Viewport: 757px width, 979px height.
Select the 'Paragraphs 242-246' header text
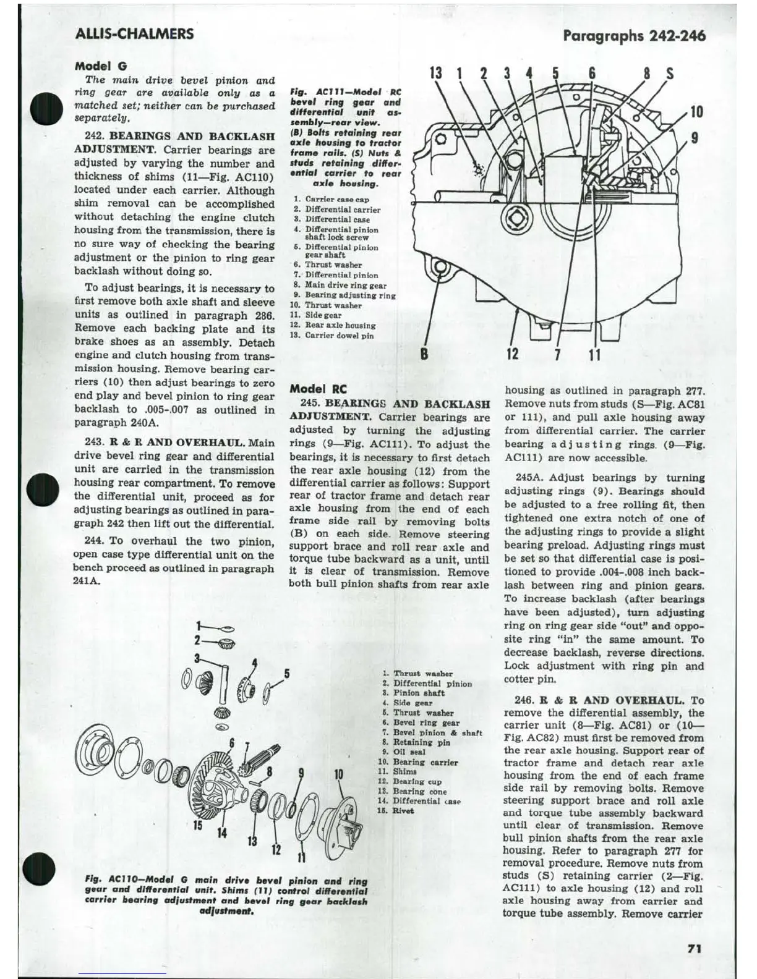(x=634, y=35)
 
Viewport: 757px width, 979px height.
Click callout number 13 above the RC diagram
(x=436, y=73)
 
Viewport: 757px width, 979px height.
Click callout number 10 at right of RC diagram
(x=696, y=112)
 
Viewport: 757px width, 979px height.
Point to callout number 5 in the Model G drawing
(x=287, y=673)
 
